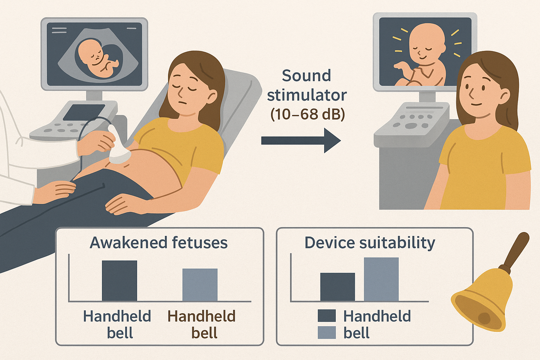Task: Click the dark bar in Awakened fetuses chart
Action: click(x=119, y=281)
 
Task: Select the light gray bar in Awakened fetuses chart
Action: click(x=200, y=285)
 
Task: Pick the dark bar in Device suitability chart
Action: click(x=337, y=287)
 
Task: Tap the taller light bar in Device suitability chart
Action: click(x=381, y=279)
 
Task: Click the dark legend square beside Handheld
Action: click(x=327, y=316)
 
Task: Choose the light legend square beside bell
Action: click(x=327, y=333)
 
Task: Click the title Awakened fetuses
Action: click(x=159, y=243)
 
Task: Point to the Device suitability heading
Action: click(x=370, y=243)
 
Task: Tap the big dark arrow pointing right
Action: click(x=301, y=141)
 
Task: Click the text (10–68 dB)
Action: click(x=308, y=114)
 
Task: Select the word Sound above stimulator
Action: click(x=307, y=76)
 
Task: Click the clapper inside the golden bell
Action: click(x=484, y=318)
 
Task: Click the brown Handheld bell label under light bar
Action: click(x=201, y=324)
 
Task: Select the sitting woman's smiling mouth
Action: click(x=476, y=104)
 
